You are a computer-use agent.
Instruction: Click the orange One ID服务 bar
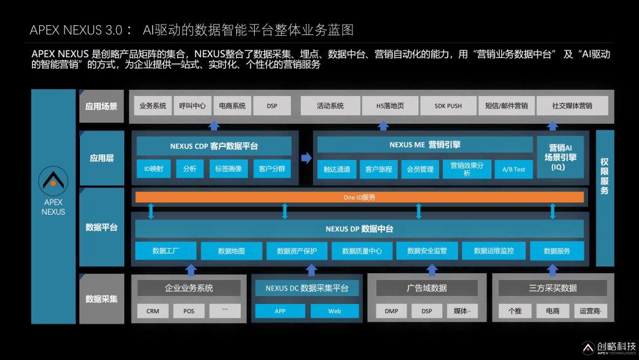(359, 198)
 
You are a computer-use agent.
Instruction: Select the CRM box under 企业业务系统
(153, 311)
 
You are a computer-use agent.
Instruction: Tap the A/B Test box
(514, 169)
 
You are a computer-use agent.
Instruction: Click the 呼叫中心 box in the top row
(192, 106)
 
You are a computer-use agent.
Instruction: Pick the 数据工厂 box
(165, 250)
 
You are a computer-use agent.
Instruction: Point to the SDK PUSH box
(448, 106)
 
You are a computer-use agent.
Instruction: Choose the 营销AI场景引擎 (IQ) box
(560, 158)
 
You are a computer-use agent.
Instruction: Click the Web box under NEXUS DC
(335, 311)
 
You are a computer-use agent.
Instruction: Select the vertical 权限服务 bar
(605, 198)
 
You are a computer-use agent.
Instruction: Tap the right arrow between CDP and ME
(306, 158)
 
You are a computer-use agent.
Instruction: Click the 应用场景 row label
(101, 106)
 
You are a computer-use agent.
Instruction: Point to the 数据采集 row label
(101, 299)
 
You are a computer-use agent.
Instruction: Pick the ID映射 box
(154, 169)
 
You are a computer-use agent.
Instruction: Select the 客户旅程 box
(379, 169)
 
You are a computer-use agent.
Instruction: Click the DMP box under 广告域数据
(391, 311)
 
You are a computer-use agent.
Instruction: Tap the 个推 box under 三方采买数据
(515, 311)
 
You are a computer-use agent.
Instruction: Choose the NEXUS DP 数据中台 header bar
(359, 229)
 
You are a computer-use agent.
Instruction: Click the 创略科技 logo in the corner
(609, 348)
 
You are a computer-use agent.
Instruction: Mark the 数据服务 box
(557, 250)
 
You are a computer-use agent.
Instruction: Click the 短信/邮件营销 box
(507, 106)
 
